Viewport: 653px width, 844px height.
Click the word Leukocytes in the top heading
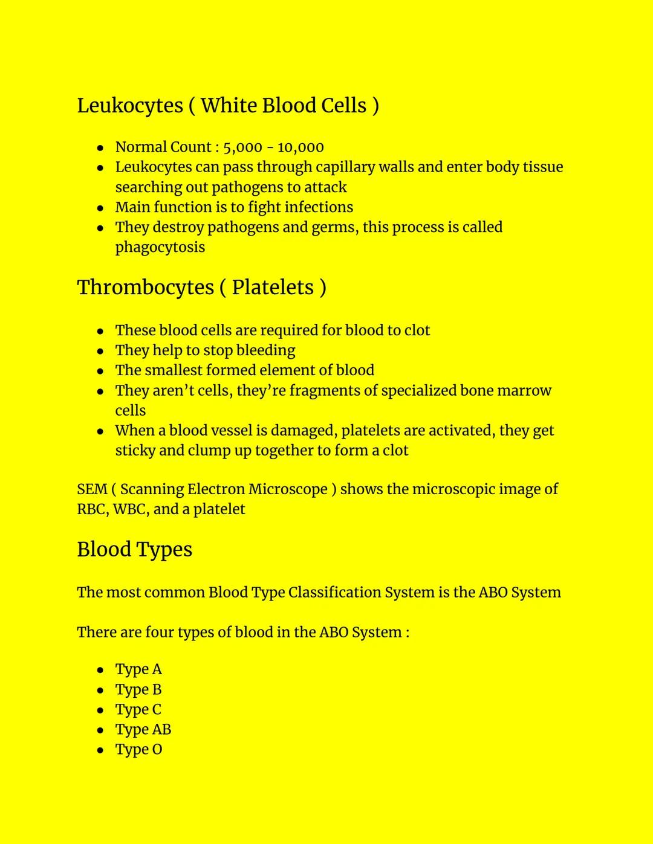pyautogui.click(x=130, y=106)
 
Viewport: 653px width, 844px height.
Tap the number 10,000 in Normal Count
pyautogui.click(x=301, y=147)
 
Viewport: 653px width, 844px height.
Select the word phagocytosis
pyautogui.click(x=160, y=248)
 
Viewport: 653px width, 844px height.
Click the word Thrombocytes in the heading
pyautogui.click(x=145, y=288)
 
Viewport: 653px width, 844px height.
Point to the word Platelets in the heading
pyautogui.click(x=273, y=288)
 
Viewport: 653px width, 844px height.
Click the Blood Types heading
pyautogui.click(x=134, y=550)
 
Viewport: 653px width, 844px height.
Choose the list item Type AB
pyautogui.click(x=143, y=730)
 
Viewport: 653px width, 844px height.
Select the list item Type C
pyautogui.click(x=138, y=710)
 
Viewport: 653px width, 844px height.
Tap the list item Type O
pyautogui.click(x=138, y=750)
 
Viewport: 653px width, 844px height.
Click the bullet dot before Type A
pyautogui.click(x=100, y=670)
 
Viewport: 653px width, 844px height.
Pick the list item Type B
pyautogui.click(x=138, y=690)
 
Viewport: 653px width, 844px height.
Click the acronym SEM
pyautogui.click(x=92, y=489)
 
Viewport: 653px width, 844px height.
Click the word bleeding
pyautogui.click(x=265, y=350)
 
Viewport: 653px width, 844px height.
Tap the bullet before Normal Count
pyautogui.click(x=100, y=148)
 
